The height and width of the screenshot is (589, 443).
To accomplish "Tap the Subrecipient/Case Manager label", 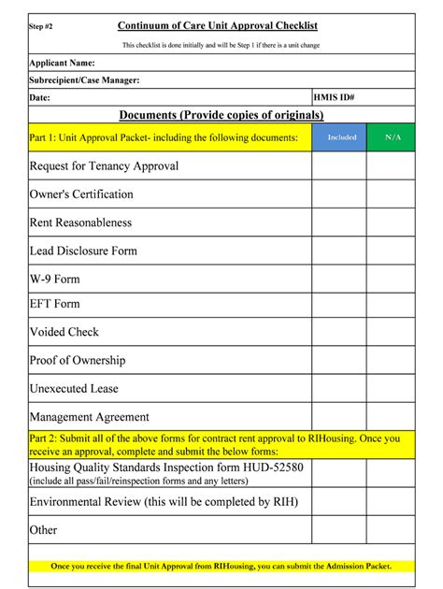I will [x=85, y=79].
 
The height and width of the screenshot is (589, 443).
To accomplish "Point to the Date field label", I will [x=40, y=97].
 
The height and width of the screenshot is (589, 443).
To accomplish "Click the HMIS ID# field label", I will [x=335, y=97].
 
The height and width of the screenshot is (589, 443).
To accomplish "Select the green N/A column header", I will [x=393, y=137].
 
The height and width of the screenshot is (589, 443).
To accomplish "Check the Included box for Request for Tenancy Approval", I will [x=338, y=166].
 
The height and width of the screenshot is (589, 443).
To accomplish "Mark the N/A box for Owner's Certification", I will [x=393, y=194].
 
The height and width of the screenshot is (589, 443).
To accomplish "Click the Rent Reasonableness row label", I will [x=80, y=223].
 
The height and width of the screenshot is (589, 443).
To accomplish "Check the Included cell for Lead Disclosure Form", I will [x=338, y=251].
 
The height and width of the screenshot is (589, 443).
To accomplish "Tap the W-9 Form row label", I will [x=55, y=279].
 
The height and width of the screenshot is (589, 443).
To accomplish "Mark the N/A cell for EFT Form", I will [x=393, y=304].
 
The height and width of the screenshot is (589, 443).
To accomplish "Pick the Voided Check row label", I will [x=64, y=332].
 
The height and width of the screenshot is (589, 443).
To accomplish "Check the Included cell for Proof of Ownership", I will [x=338, y=360].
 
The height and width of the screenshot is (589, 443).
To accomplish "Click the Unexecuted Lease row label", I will [x=74, y=388].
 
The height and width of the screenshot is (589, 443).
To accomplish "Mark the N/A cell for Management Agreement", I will [x=393, y=417].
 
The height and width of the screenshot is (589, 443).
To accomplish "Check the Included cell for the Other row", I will [x=338, y=530].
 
